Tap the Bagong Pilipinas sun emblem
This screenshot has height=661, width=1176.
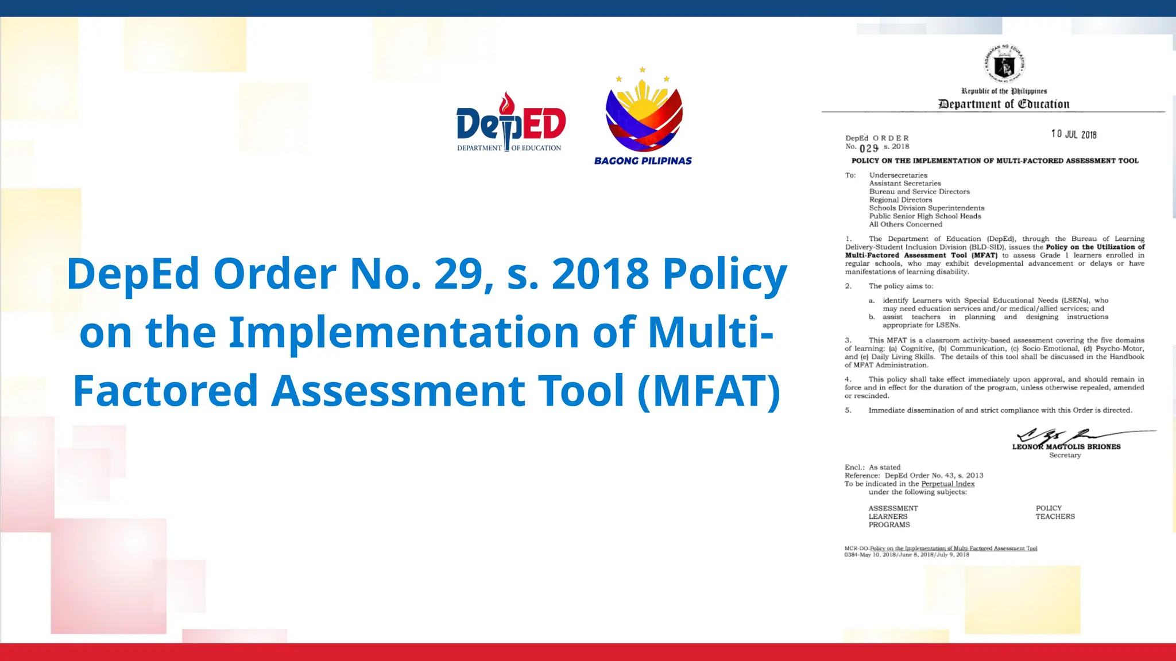click(x=644, y=115)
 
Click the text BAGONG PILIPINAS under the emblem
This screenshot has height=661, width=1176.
click(x=643, y=161)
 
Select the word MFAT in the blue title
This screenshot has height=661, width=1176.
click(x=708, y=391)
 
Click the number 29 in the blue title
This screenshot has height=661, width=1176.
click(x=458, y=274)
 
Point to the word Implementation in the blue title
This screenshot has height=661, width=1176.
click(x=404, y=332)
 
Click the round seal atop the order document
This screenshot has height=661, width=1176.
click(x=1004, y=64)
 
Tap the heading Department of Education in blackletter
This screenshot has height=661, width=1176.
click(x=1004, y=104)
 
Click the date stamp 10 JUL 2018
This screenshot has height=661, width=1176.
click(x=1074, y=134)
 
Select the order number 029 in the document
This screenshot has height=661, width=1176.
click(x=869, y=148)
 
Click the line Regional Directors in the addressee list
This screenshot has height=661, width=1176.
click(x=900, y=200)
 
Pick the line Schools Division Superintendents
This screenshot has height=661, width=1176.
click(x=926, y=208)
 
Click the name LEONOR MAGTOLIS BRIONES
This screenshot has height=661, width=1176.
click(x=1066, y=446)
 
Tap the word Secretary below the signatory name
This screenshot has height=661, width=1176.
click(x=1065, y=456)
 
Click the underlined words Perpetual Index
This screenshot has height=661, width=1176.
click(x=947, y=484)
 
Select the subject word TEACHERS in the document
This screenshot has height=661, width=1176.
click(x=1055, y=516)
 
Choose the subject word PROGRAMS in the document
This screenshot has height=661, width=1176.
click(x=889, y=524)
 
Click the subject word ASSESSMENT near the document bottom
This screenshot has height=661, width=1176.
click(x=893, y=508)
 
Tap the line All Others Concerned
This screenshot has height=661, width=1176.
click(x=905, y=224)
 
